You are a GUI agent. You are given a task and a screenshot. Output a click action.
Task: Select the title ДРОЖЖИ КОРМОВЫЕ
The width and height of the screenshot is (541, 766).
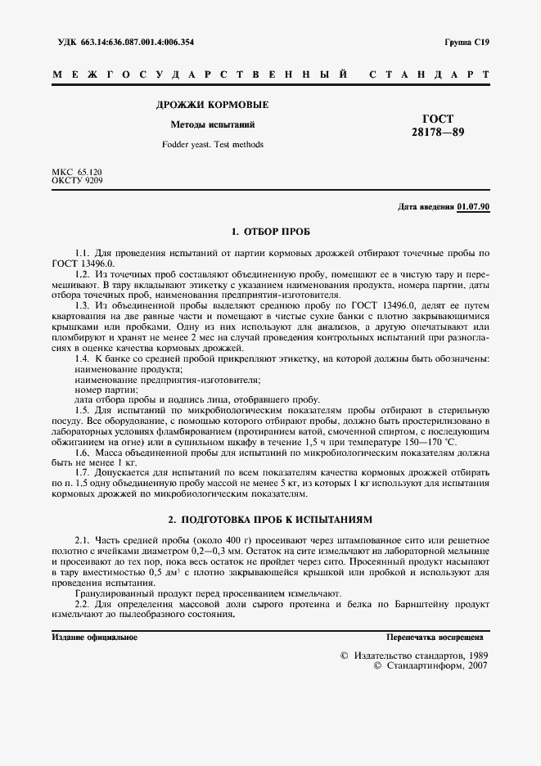click(212, 105)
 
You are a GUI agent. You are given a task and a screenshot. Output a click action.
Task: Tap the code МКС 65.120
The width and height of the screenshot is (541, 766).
click(77, 172)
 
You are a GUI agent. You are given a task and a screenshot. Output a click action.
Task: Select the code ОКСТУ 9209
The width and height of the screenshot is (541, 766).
click(77, 180)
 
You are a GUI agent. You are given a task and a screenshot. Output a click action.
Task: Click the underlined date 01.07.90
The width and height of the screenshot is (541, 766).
click(473, 206)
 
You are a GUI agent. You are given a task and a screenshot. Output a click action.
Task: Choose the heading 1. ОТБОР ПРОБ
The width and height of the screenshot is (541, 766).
click(270, 232)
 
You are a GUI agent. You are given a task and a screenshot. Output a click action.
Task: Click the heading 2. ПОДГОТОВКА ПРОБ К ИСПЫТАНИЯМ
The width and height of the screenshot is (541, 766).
click(270, 520)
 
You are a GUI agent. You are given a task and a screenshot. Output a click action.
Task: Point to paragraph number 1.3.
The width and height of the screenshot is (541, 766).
click(82, 304)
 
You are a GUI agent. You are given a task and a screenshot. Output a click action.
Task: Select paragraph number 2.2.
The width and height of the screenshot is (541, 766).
click(82, 604)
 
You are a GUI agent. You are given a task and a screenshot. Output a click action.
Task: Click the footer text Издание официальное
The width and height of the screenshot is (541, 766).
click(94, 637)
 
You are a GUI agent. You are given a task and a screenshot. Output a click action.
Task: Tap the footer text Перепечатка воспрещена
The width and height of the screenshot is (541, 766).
click(435, 637)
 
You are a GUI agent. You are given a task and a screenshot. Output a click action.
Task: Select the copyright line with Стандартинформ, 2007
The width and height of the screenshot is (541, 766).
click(430, 667)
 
